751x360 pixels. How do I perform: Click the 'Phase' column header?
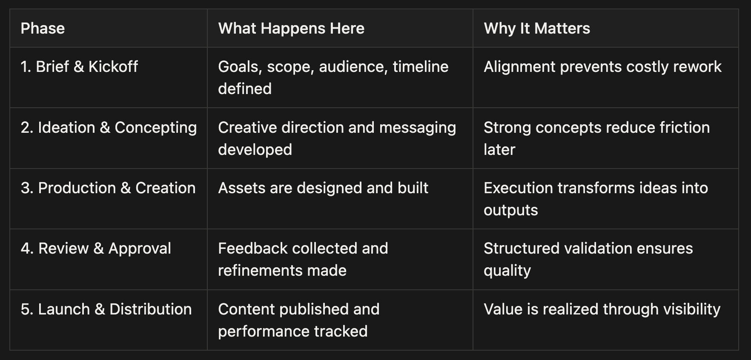click(x=43, y=29)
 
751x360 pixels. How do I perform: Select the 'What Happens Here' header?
click(x=291, y=29)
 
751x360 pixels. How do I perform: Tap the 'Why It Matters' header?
click(x=537, y=29)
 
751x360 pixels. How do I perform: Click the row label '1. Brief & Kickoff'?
click(x=79, y=67)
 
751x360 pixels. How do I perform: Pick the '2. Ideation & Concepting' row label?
click(x=109, y=128)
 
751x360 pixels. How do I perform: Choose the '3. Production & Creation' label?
click(x=108, y=188)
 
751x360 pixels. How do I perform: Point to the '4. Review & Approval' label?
click(x=96, y=249)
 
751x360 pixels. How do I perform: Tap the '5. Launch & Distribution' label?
click(x=106, y=309)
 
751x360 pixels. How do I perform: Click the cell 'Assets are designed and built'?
click(x=323, y=188)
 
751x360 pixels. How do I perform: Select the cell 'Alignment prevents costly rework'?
click(x=602, y=67)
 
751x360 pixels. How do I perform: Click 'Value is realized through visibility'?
click(x=602, y=309)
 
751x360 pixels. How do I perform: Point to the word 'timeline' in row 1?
click(x=421, y=67)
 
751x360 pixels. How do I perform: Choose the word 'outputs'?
click(x=511, y=210)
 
